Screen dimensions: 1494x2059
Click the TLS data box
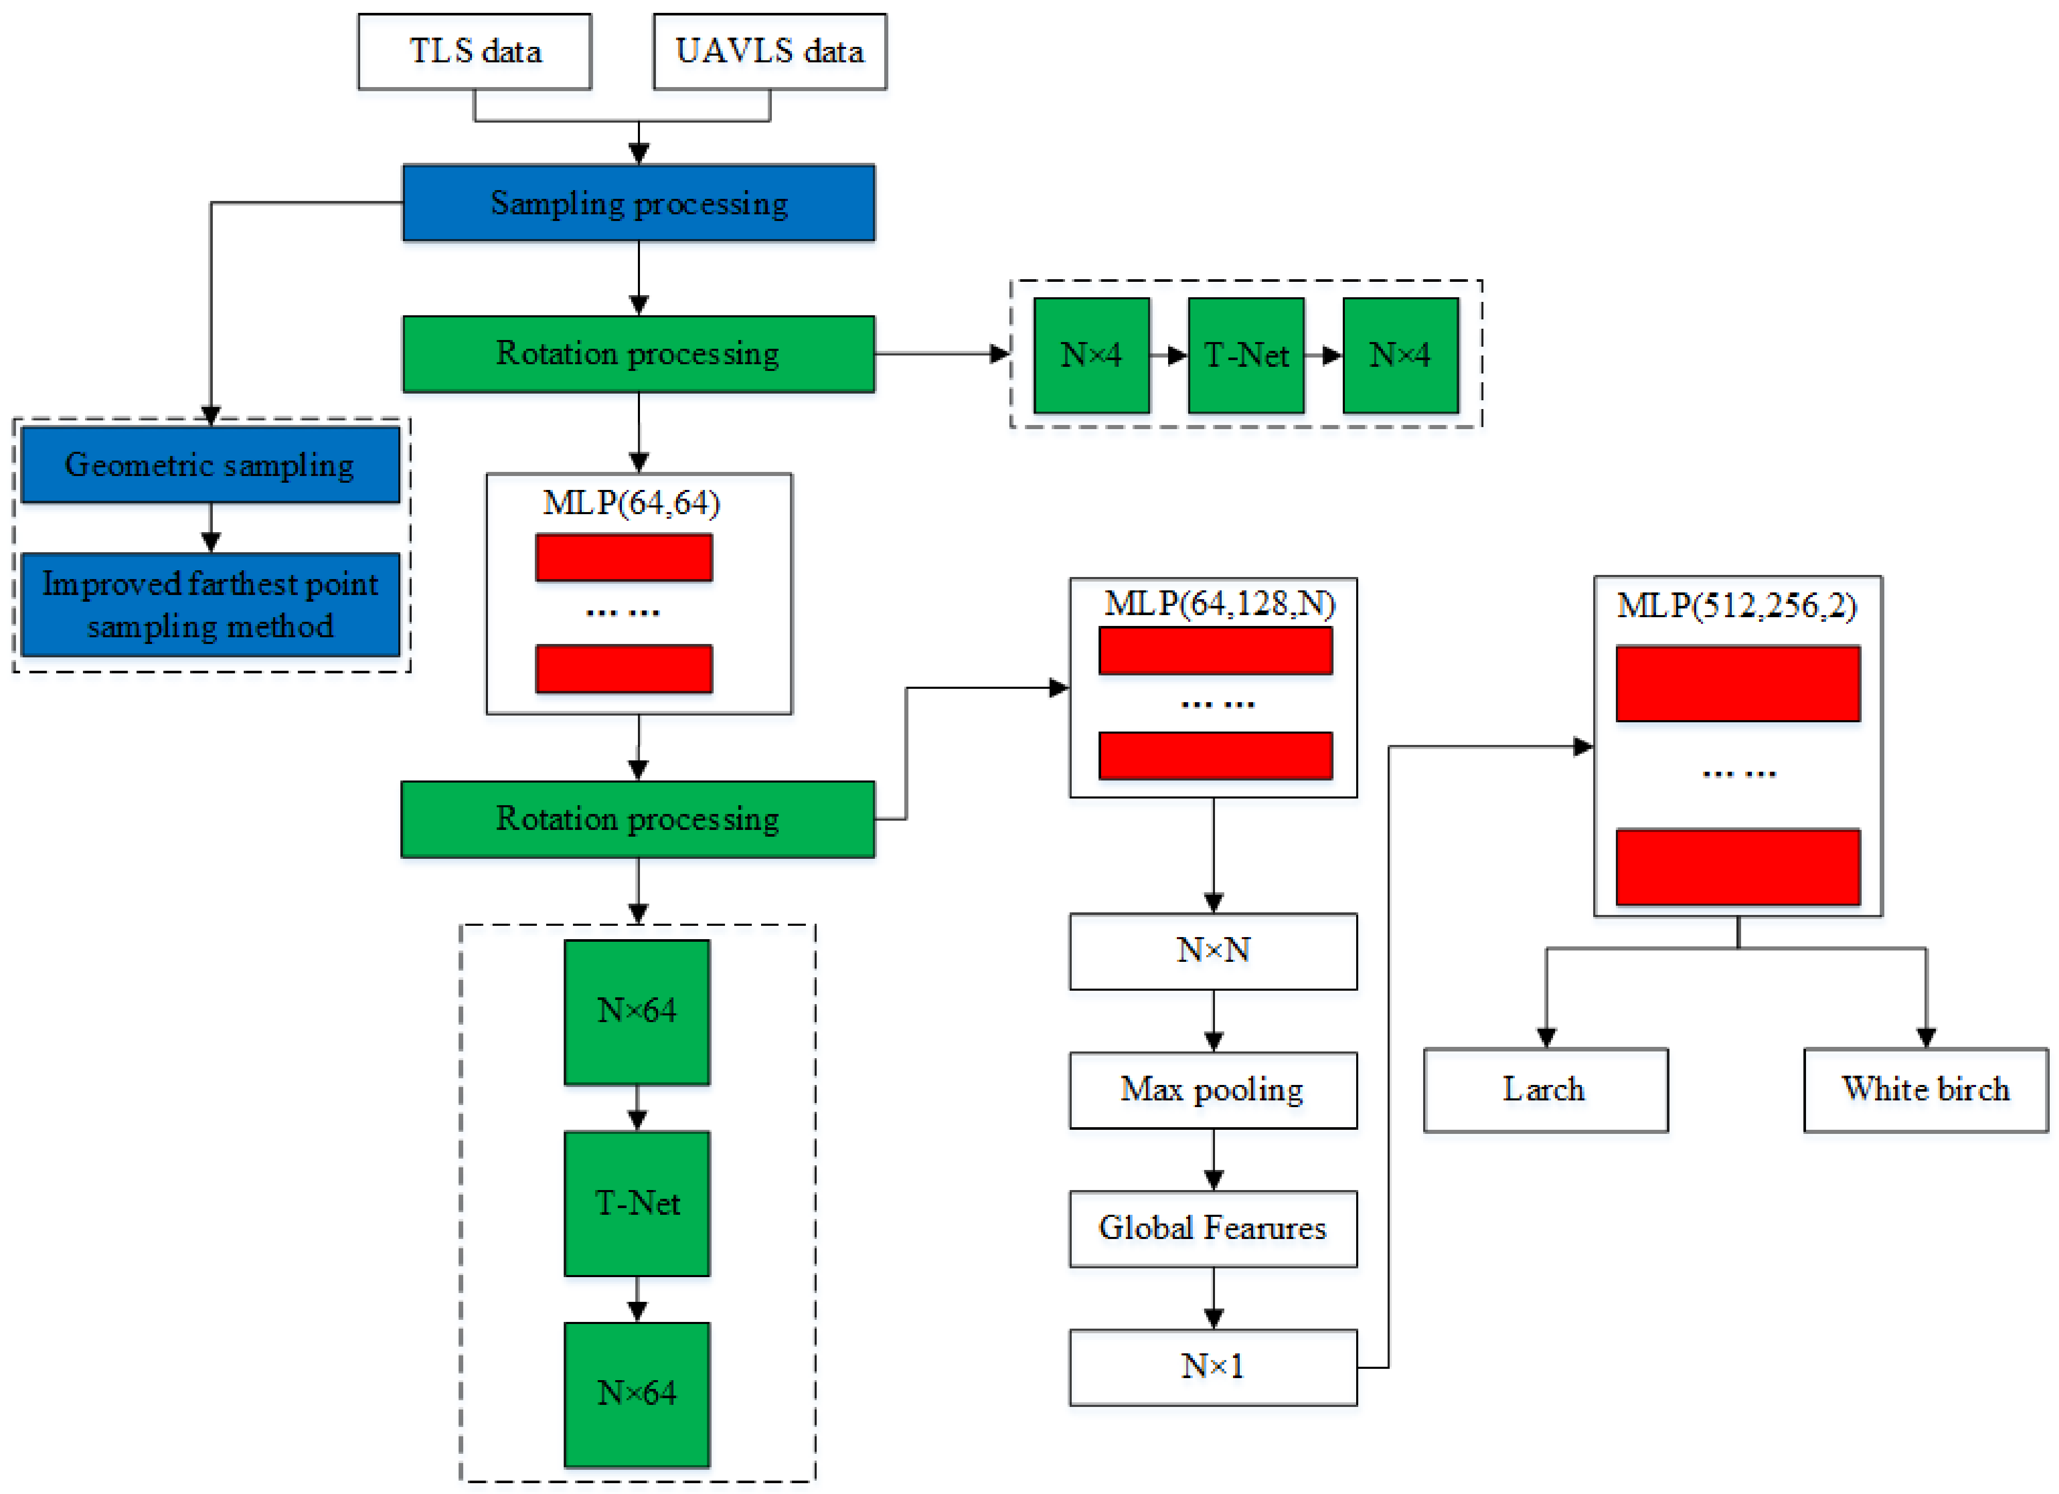pyautogui.click(x=474, y=52)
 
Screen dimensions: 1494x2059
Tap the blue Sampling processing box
pyautogui.click(x=638, y=202)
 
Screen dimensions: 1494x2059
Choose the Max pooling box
pyautogui.click(x=1213, y=1089)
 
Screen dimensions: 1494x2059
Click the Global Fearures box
pyautogui.click(x=1213, y=1228)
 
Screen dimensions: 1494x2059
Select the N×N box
pyautogui.click(x=1213, y=950)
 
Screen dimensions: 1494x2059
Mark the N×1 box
pyautogui.click(x=1213, y=1366)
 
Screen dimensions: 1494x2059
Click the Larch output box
pyautogui.click(x=1545, y=1089)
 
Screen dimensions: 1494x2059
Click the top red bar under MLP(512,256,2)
pyautogui.click(x=1737, y=684)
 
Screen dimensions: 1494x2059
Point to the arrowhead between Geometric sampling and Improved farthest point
pyautogui.click(x=211, y=542)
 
